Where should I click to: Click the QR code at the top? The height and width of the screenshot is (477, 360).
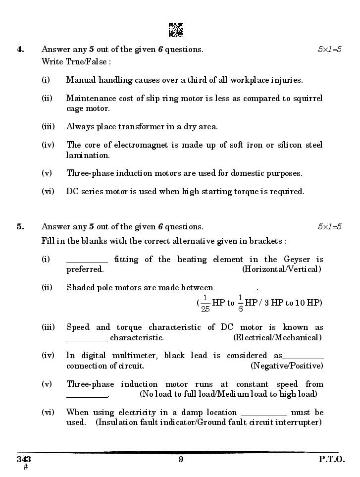[x=176, y=30]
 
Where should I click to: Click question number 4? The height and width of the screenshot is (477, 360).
[x=20, y=49]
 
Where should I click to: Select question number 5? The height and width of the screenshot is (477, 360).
[x=20, y=227]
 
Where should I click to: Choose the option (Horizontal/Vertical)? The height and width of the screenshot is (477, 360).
[x=281, y=269]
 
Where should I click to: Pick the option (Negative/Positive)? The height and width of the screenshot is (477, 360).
[x=287, y=366]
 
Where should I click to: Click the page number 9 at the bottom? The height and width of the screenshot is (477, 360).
[x=181, y=459]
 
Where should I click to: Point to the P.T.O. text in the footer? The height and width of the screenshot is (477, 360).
[x=331, y=459]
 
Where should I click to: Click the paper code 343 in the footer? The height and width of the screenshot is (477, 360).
[x=24, y=459]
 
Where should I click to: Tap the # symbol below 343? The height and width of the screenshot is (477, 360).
[x=25, y=467]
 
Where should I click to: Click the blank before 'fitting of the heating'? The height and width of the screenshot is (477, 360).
[x=87, y=259]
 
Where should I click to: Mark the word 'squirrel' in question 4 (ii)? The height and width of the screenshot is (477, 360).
[x=307, y=98]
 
